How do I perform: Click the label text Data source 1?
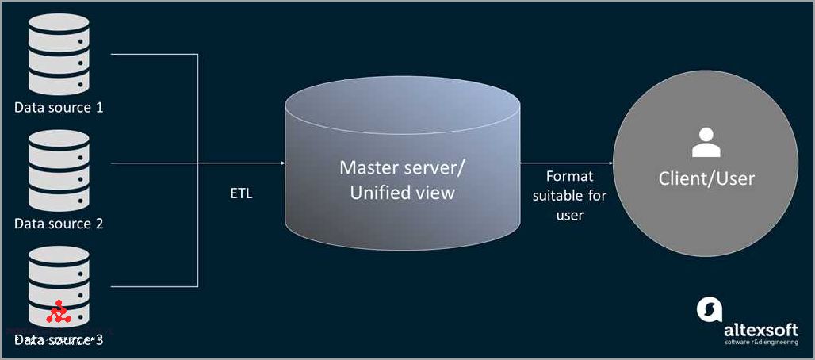(59, 107)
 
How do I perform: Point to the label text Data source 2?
(59, 224)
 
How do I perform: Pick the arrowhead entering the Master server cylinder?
(281, 163)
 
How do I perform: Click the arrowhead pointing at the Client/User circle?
(610, 163)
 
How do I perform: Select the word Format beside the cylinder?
(569, 176)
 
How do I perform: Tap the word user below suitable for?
(569, 215)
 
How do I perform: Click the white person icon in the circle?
(706, 144)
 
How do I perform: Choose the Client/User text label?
(706, 178)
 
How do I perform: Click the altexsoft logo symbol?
(709, 309)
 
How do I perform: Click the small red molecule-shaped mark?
(57, 314)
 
